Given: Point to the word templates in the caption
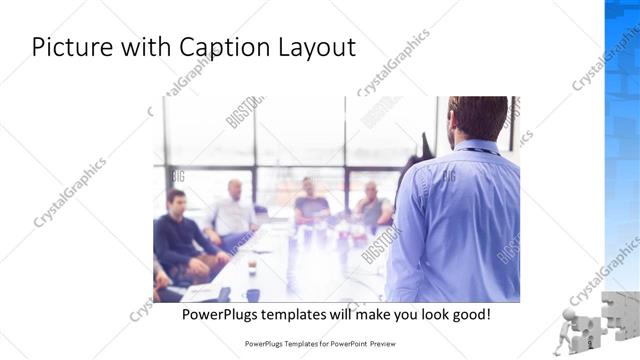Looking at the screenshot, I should (312, 314).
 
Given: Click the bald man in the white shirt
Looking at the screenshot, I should (233, 210).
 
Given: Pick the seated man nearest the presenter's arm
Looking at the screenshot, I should (373, 206).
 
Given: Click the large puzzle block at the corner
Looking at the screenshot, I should (620, 315).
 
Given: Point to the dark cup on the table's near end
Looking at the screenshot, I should (253, 295).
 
